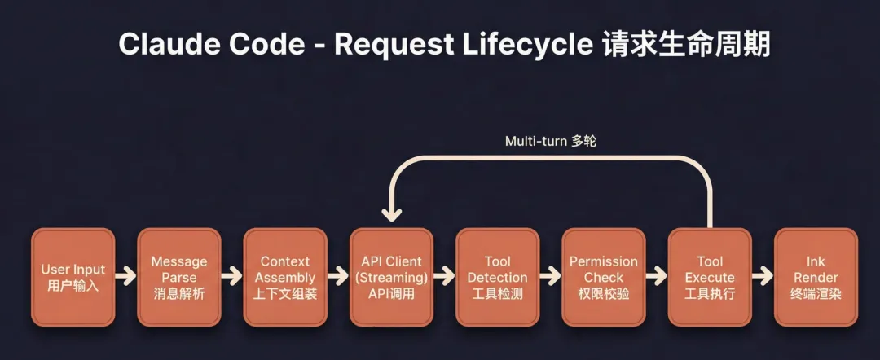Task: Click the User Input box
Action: (x=73, y=277)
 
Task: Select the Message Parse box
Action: (x=179, y=277)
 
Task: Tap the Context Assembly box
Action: (x=285, y=277)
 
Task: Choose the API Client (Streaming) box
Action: (x=391, y=277)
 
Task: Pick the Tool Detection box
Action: (x=497, y=277)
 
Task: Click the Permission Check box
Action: (x=604, y=277)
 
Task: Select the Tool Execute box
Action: (x=710, y=277)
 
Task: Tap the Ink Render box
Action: (x=816, y=277)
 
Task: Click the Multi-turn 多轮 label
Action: (x=551, y=141)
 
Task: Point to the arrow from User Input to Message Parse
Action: (x=126, y=277)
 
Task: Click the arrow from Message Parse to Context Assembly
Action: (x=232, y=277)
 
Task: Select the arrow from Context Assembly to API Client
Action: (x=338, y=277)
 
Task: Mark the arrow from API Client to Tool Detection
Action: (x=444, y=277)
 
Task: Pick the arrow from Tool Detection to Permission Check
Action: (x=550, y=277)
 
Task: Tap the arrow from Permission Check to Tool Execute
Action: (x=657, y=277)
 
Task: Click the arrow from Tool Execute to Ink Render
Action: (x=763, y=277)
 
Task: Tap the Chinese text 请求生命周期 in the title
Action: (x=686, y=44)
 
